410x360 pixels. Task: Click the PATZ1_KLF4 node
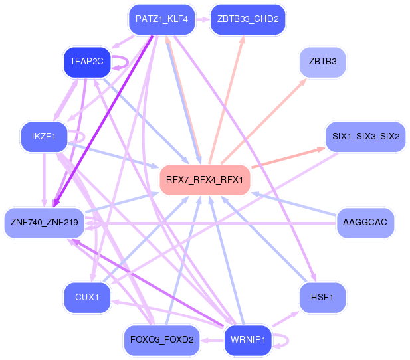[x=161, y=19]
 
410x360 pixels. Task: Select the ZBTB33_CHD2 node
[x=247, y=19]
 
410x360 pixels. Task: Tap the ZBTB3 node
[x=322, y=62]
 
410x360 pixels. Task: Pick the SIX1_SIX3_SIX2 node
[x=365, y=137]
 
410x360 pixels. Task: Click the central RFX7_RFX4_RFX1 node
[x=204, y=179]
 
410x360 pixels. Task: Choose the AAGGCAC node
[x=365, y=222]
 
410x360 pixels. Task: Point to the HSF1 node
[x=322, y=296]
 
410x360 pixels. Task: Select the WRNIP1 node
[x=247, y=340]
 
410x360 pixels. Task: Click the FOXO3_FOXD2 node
[x=161, y=340]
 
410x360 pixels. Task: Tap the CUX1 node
[x=86, y=296]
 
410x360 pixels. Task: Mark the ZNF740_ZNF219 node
[x=44, y=222]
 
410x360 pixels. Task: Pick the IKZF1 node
[x=44, y=137]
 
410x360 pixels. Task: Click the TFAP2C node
[x=86, y=62]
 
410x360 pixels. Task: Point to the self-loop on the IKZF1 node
[x=78, y=137]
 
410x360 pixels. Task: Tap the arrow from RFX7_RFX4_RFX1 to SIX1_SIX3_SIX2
[x=287, y=158]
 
